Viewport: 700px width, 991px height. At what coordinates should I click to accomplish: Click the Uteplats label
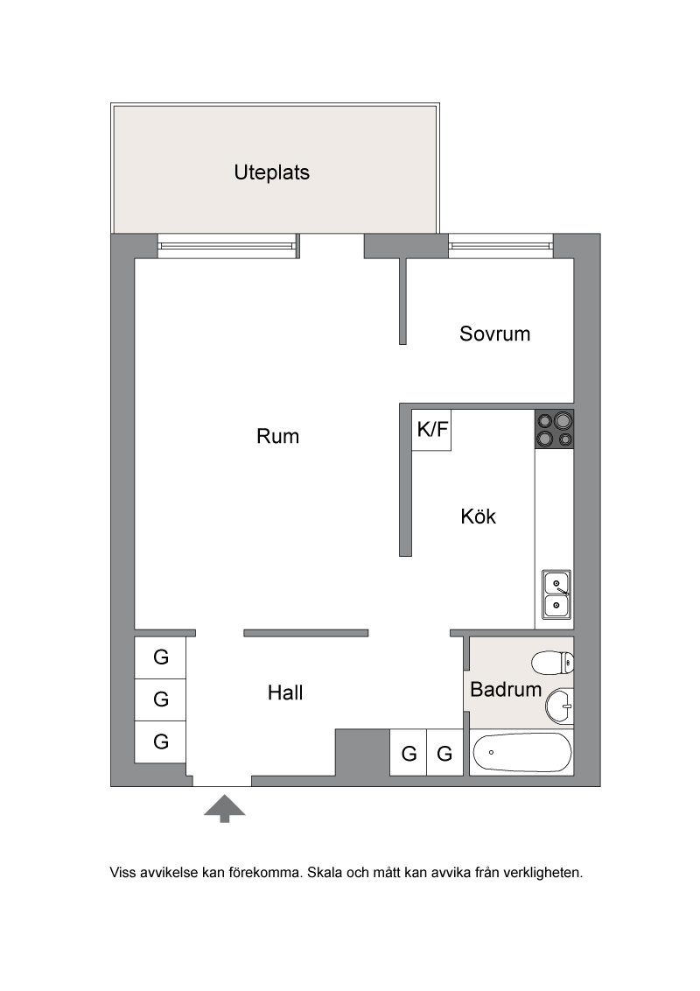(271, 172)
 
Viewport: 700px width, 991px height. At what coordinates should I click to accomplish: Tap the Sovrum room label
(494, 334)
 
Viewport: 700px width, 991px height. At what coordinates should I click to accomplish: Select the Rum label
(277, 436)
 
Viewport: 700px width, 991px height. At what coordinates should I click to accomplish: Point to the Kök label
(479, 517)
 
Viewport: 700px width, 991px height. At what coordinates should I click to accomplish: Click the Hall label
(285, 692)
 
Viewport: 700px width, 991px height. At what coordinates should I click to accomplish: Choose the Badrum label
(506, 689)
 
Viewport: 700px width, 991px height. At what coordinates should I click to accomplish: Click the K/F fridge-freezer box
(431, 431)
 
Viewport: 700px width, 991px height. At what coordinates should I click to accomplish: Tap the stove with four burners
(554, 430)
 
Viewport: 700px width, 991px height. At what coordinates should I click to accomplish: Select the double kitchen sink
(556, 594)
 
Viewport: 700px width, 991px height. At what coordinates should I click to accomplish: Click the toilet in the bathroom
(553, 663)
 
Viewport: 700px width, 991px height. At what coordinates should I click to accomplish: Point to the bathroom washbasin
(560, 706)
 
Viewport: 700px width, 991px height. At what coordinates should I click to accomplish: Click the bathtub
(521, 753)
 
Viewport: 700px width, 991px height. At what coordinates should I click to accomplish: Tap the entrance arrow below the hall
(224, 809)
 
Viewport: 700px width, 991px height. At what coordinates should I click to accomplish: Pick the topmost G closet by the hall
(160, 658)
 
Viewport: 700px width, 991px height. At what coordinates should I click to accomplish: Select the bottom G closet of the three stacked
(160, 741)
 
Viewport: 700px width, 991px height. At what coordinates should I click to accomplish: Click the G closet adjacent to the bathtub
(445, 753)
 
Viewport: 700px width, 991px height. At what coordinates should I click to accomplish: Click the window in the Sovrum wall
(501, 246)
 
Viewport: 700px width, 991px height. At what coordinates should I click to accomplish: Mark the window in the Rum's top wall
(227, 246)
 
